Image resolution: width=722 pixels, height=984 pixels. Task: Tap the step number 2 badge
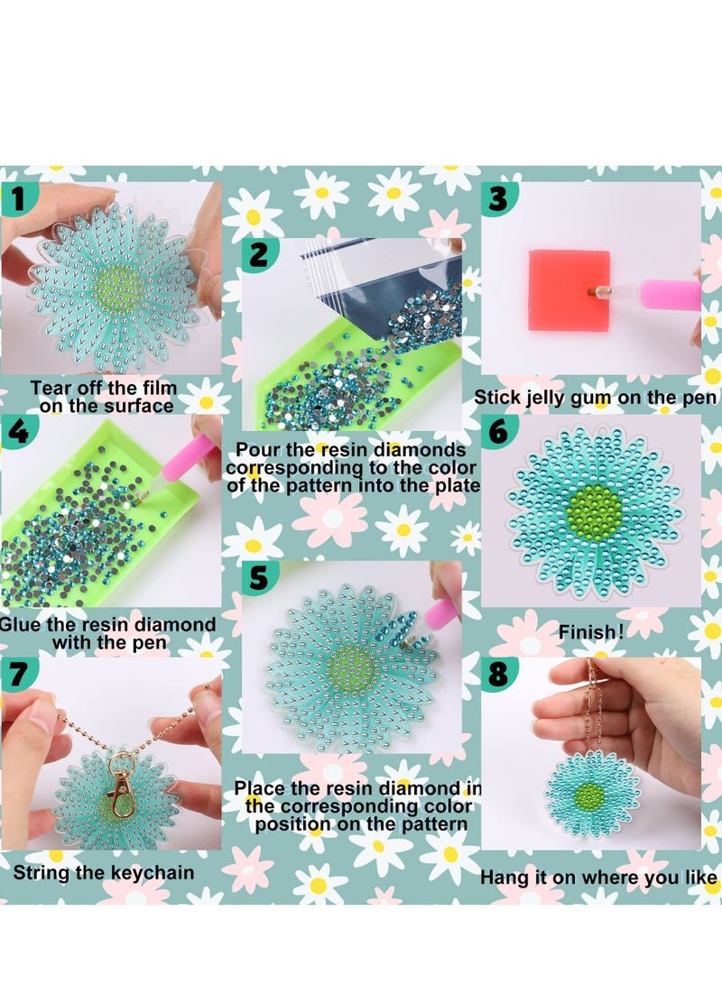[260, 254]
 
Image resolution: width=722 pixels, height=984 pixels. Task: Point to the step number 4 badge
[17, 432]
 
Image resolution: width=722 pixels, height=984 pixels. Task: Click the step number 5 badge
[260, 577]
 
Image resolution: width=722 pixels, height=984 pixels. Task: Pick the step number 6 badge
[498, 431]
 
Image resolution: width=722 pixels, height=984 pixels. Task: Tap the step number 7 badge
[19, 673]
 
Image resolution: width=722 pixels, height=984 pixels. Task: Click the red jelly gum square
[569, 288]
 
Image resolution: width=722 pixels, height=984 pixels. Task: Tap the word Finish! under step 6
[591, 632]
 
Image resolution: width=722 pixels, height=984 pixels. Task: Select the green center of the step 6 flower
[593, 510]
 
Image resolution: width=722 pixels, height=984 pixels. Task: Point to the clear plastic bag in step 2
[361, 271]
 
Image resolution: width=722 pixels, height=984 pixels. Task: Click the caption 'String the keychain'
[103, 873]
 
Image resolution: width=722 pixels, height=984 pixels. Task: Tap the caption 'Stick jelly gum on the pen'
[597, 398]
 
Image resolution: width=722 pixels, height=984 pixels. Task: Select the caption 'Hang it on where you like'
[598, 877]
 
